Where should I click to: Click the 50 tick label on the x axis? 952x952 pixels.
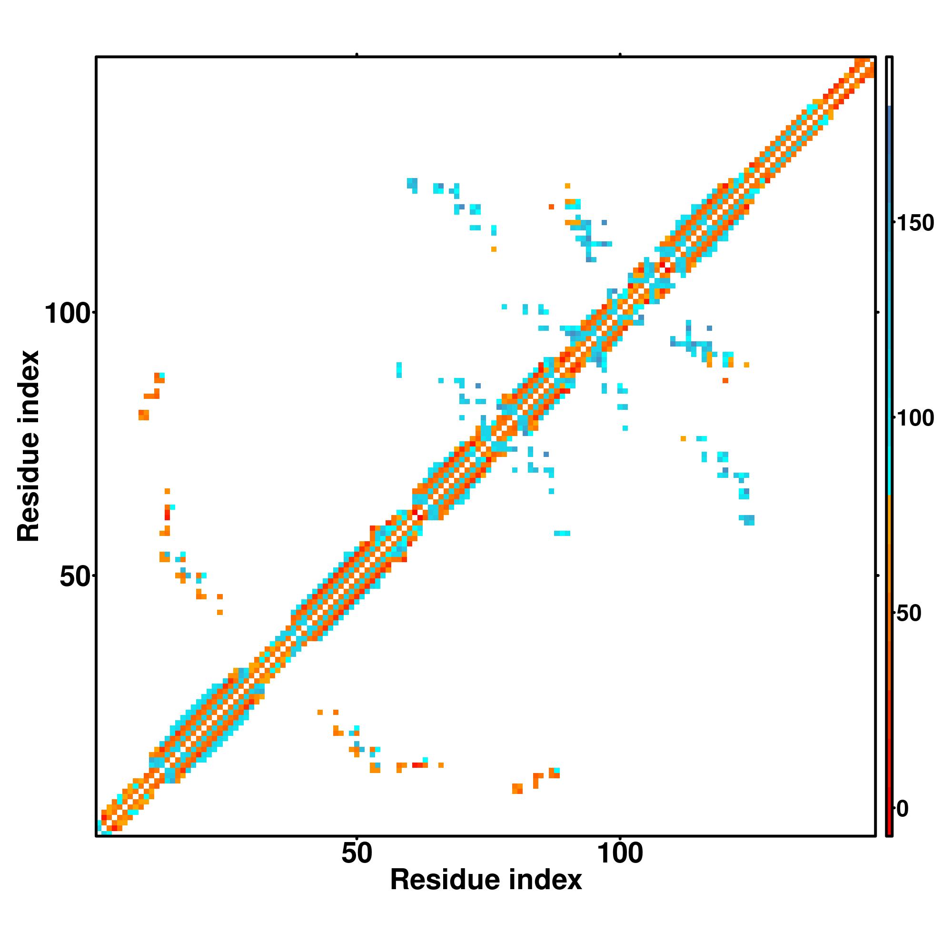click(x=356, y=854)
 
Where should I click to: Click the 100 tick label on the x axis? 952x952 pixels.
click(x=620, y=854)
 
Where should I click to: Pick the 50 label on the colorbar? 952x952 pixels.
click(x=908, y=614)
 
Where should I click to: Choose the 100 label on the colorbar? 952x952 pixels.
click(x=914, y=418)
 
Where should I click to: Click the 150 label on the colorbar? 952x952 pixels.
click(x=914, y=223)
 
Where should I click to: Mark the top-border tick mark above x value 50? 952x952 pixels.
click(x=356, y=55)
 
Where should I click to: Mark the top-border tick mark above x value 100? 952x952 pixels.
click(x=620, y=55)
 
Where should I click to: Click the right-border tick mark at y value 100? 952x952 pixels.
click(x=878, y=312)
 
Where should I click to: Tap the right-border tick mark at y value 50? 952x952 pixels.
click(x=878, y=575)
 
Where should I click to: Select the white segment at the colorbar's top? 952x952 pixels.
click(x=890, y=81)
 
